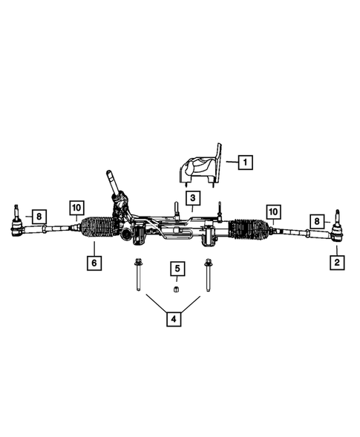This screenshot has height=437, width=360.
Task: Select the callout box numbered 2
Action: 336,262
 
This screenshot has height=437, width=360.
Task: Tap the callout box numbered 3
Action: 192,198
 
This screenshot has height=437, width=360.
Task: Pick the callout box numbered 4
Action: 172,320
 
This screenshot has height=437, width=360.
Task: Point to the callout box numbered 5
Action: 177,268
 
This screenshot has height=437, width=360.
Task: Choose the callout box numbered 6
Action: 94,263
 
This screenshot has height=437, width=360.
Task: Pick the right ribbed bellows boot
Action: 249,231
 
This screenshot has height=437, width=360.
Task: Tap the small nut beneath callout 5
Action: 177,289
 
